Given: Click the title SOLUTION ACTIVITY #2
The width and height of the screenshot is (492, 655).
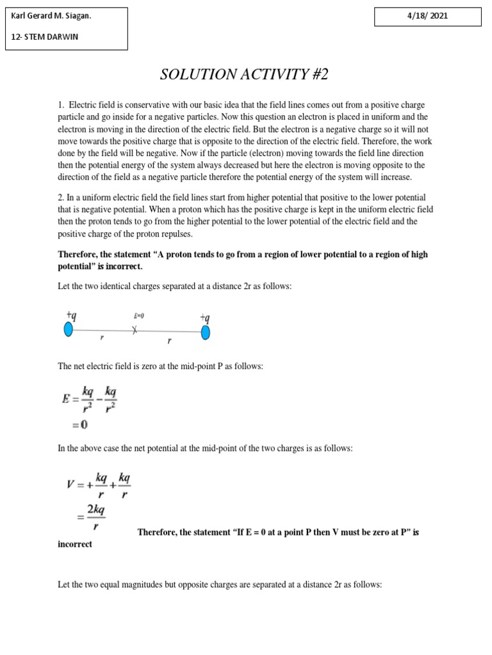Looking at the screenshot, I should coord(243,74).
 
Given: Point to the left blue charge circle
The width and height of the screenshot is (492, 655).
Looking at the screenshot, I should coord(69,329).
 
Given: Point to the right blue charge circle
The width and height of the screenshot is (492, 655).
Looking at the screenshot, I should coord(206,333).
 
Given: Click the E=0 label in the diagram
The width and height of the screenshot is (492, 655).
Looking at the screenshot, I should coord(139,316).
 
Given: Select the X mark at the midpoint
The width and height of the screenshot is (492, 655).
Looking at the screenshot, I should coord(135,330).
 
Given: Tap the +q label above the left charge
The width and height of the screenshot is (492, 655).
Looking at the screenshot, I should coord(71,315).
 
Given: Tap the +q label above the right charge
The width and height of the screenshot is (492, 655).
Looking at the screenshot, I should coord(205,318).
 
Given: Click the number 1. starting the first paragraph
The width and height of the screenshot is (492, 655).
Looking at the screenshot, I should coord(61,104).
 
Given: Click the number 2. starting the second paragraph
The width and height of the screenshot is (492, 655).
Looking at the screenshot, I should coord(61,197).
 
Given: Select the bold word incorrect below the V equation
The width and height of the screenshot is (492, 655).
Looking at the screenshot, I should coord(75,544).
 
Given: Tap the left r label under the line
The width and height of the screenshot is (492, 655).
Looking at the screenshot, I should coord(102,338).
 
